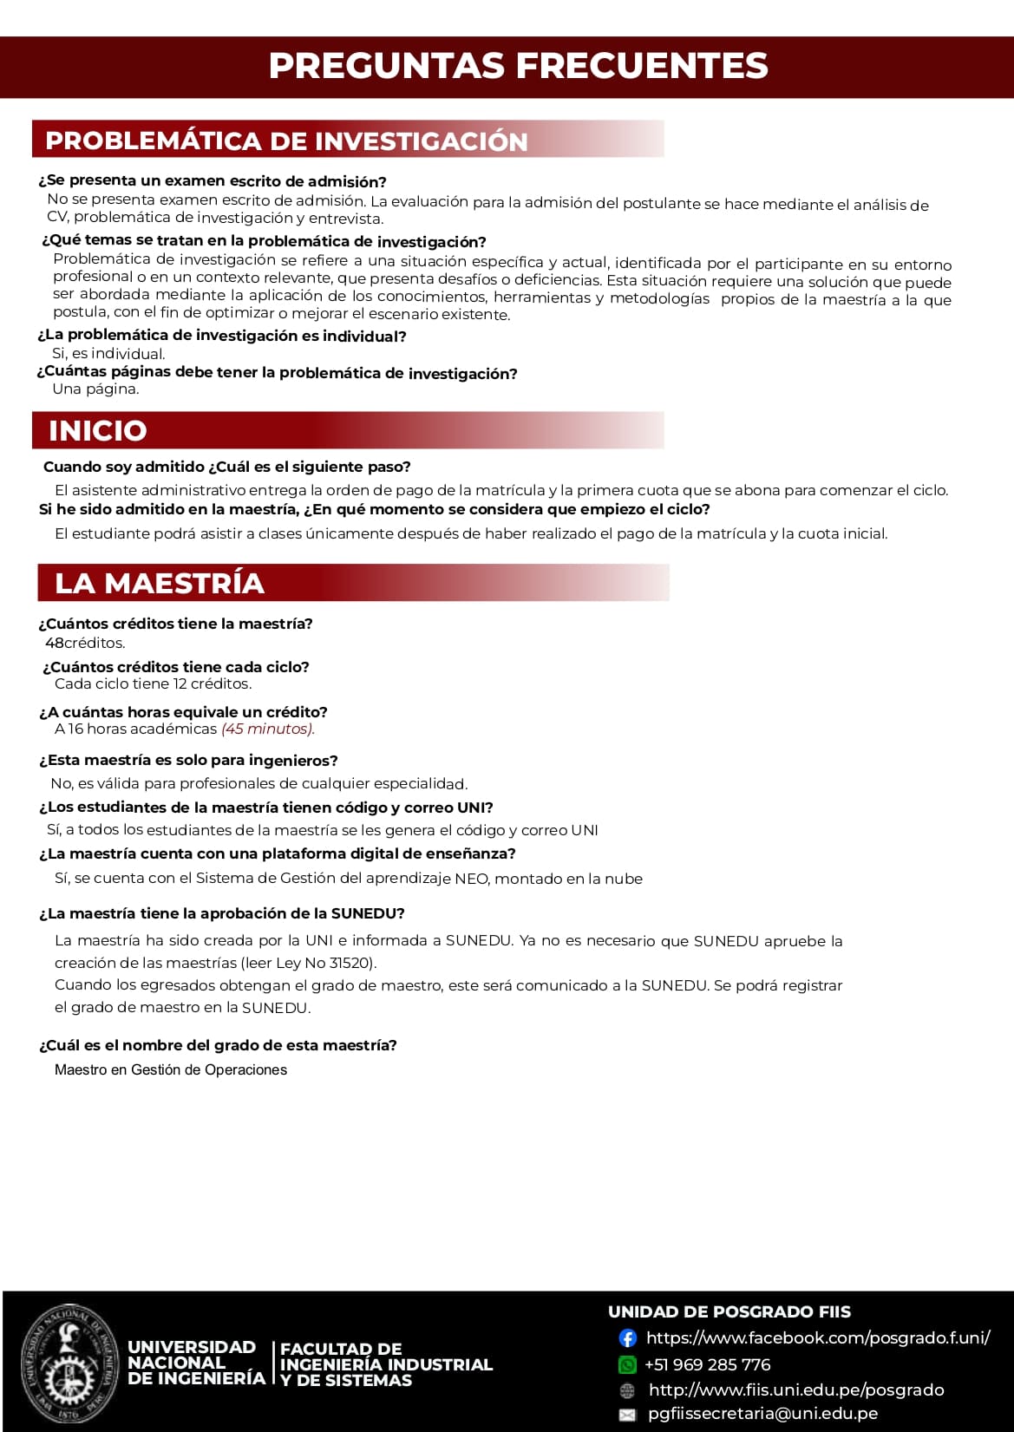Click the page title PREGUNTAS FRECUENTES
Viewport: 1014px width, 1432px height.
[x=518, y=66]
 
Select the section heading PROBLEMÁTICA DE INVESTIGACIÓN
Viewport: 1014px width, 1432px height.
[x=286, y=141]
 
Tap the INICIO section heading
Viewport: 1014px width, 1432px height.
[x=98, y=430]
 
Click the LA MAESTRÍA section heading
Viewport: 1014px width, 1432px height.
[x=160, y=583]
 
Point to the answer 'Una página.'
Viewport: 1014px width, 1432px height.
[x=95, y=389]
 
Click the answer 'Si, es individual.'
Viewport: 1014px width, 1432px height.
[x=108, y=354]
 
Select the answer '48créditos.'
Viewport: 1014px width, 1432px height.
[x=85, y=643]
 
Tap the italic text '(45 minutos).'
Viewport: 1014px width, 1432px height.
[x=268, y=729]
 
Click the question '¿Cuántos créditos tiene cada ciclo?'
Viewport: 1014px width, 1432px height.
[x=176, y=667]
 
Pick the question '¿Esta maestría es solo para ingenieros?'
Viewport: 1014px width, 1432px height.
[x=188, y=761]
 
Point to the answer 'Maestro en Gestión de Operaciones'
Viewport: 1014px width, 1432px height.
[x=171, y=1069]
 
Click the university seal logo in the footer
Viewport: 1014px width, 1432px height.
[x=68, y=1363]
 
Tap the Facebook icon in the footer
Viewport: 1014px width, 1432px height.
[x=627, y=1338]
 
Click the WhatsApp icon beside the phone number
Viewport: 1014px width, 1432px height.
[x=627, y=1364]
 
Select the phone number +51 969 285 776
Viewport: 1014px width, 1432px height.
[x=707, y=1364]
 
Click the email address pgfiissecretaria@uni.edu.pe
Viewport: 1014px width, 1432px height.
[x=762, y=1413]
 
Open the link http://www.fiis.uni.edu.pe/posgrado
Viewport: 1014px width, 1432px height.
[x=796, y=1389]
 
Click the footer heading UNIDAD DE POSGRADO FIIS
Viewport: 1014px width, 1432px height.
[x=729, y=1311]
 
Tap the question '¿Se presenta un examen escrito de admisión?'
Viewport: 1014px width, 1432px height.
[x=213, y=181]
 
